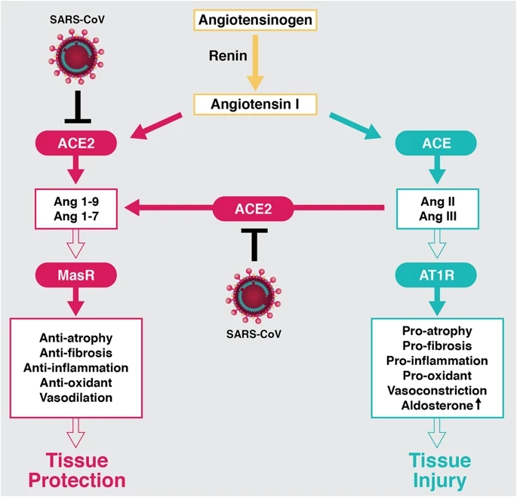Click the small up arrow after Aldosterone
478,406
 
